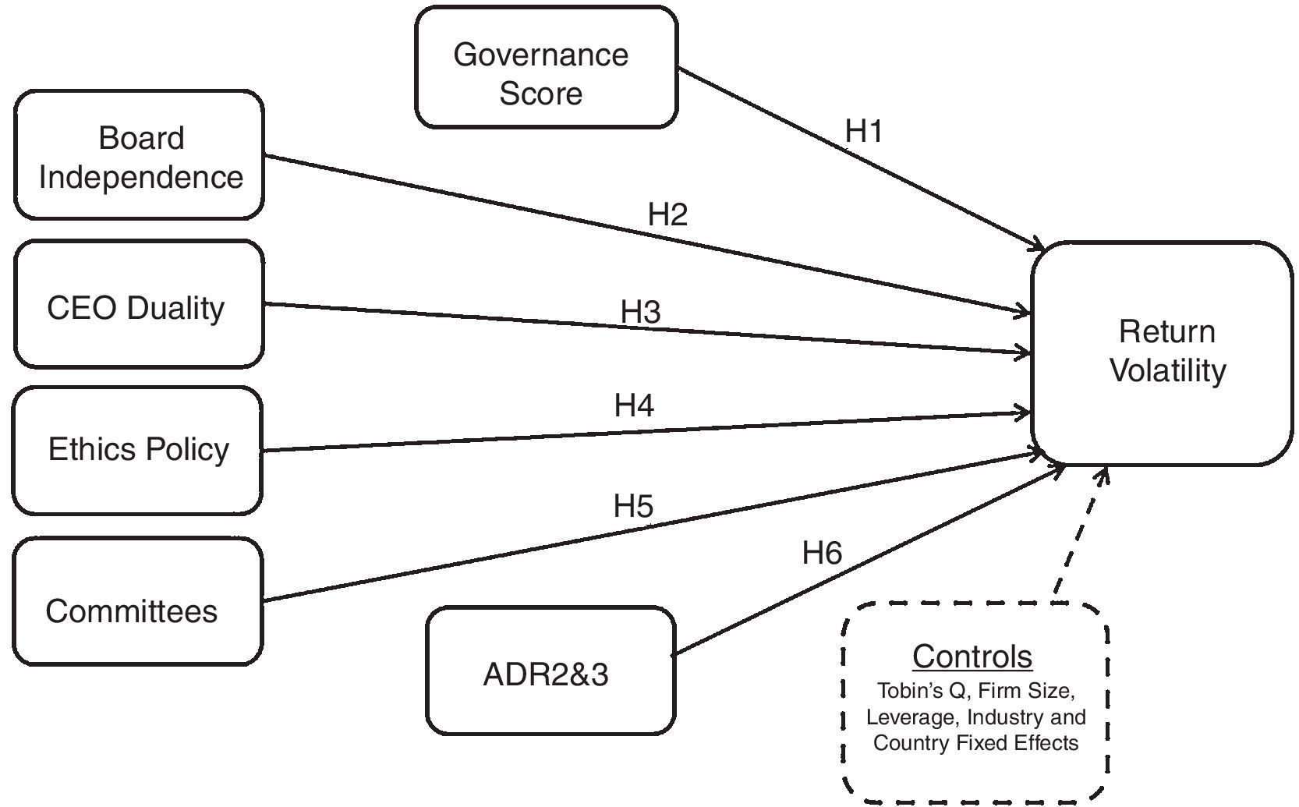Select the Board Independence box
(140, 156)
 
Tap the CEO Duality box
(138, 305)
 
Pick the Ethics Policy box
(138, 450)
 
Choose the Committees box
(138, 603)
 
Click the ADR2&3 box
(549, 671)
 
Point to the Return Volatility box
(1162, 352)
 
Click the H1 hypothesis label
(864, 132)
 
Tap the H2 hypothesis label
(667, 214)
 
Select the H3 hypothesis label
(640, 312)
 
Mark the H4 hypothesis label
(634, 405)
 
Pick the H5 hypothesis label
(632, 507)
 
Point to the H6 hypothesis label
(822, 554)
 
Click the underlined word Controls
(972, 657)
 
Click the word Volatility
(1167, 370)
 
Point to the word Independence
(141, 177)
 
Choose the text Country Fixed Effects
(975, 742)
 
